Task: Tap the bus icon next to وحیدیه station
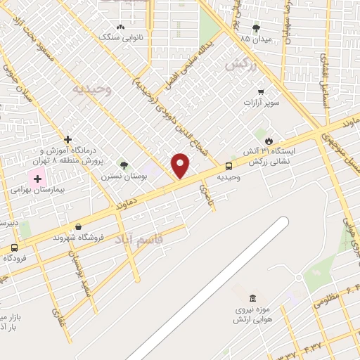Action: [229, 166]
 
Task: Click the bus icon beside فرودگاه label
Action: [15, 247]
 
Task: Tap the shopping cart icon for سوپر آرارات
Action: [261, 91]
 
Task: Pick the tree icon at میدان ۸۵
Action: [255, 28]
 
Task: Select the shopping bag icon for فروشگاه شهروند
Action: [77, 226]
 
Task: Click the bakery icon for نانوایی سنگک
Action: [120, 27]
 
